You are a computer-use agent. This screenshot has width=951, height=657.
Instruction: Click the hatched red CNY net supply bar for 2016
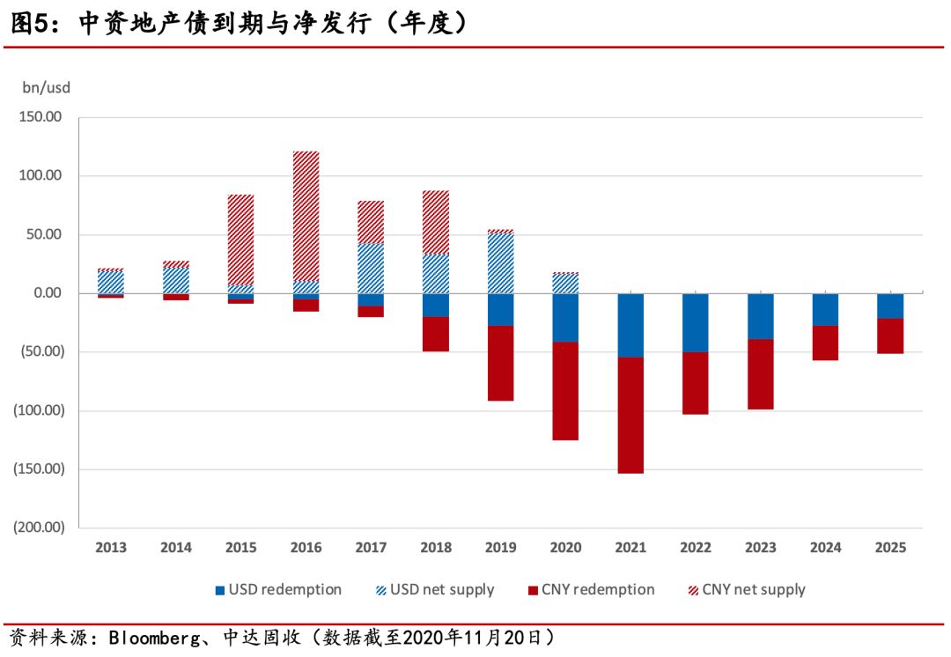pyautogui.click(x=306, y=216)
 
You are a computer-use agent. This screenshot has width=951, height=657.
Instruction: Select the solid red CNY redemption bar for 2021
pyautogui.click(x=630, y=415)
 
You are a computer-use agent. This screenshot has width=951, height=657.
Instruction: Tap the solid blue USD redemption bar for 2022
pyautogui.click(x=696, y=322)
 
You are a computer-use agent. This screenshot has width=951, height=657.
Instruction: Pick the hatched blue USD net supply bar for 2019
pyautogui.click(x=501, y=263)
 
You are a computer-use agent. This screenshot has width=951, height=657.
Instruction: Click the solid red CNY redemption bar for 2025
pyautogui.click(x=890, y=336)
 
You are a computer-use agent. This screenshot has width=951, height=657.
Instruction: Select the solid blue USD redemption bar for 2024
pyautogui.click(x=825, y=309)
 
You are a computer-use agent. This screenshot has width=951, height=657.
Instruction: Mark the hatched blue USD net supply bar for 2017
pyautogui.click(x=371, y=269)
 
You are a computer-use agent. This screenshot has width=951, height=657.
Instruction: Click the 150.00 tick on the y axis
pyautogui.click(x=41, y=117)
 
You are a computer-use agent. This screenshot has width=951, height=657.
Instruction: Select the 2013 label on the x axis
pyautogui.click(x=111, y=548)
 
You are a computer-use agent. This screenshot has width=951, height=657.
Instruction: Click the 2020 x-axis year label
pyautogui.click(x=565, y=548)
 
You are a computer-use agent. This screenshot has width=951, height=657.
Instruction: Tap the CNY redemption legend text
pyautogui.click(x=598, y=590)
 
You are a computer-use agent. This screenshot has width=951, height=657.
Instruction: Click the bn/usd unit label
pyautogui.click(x=46, y=87)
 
